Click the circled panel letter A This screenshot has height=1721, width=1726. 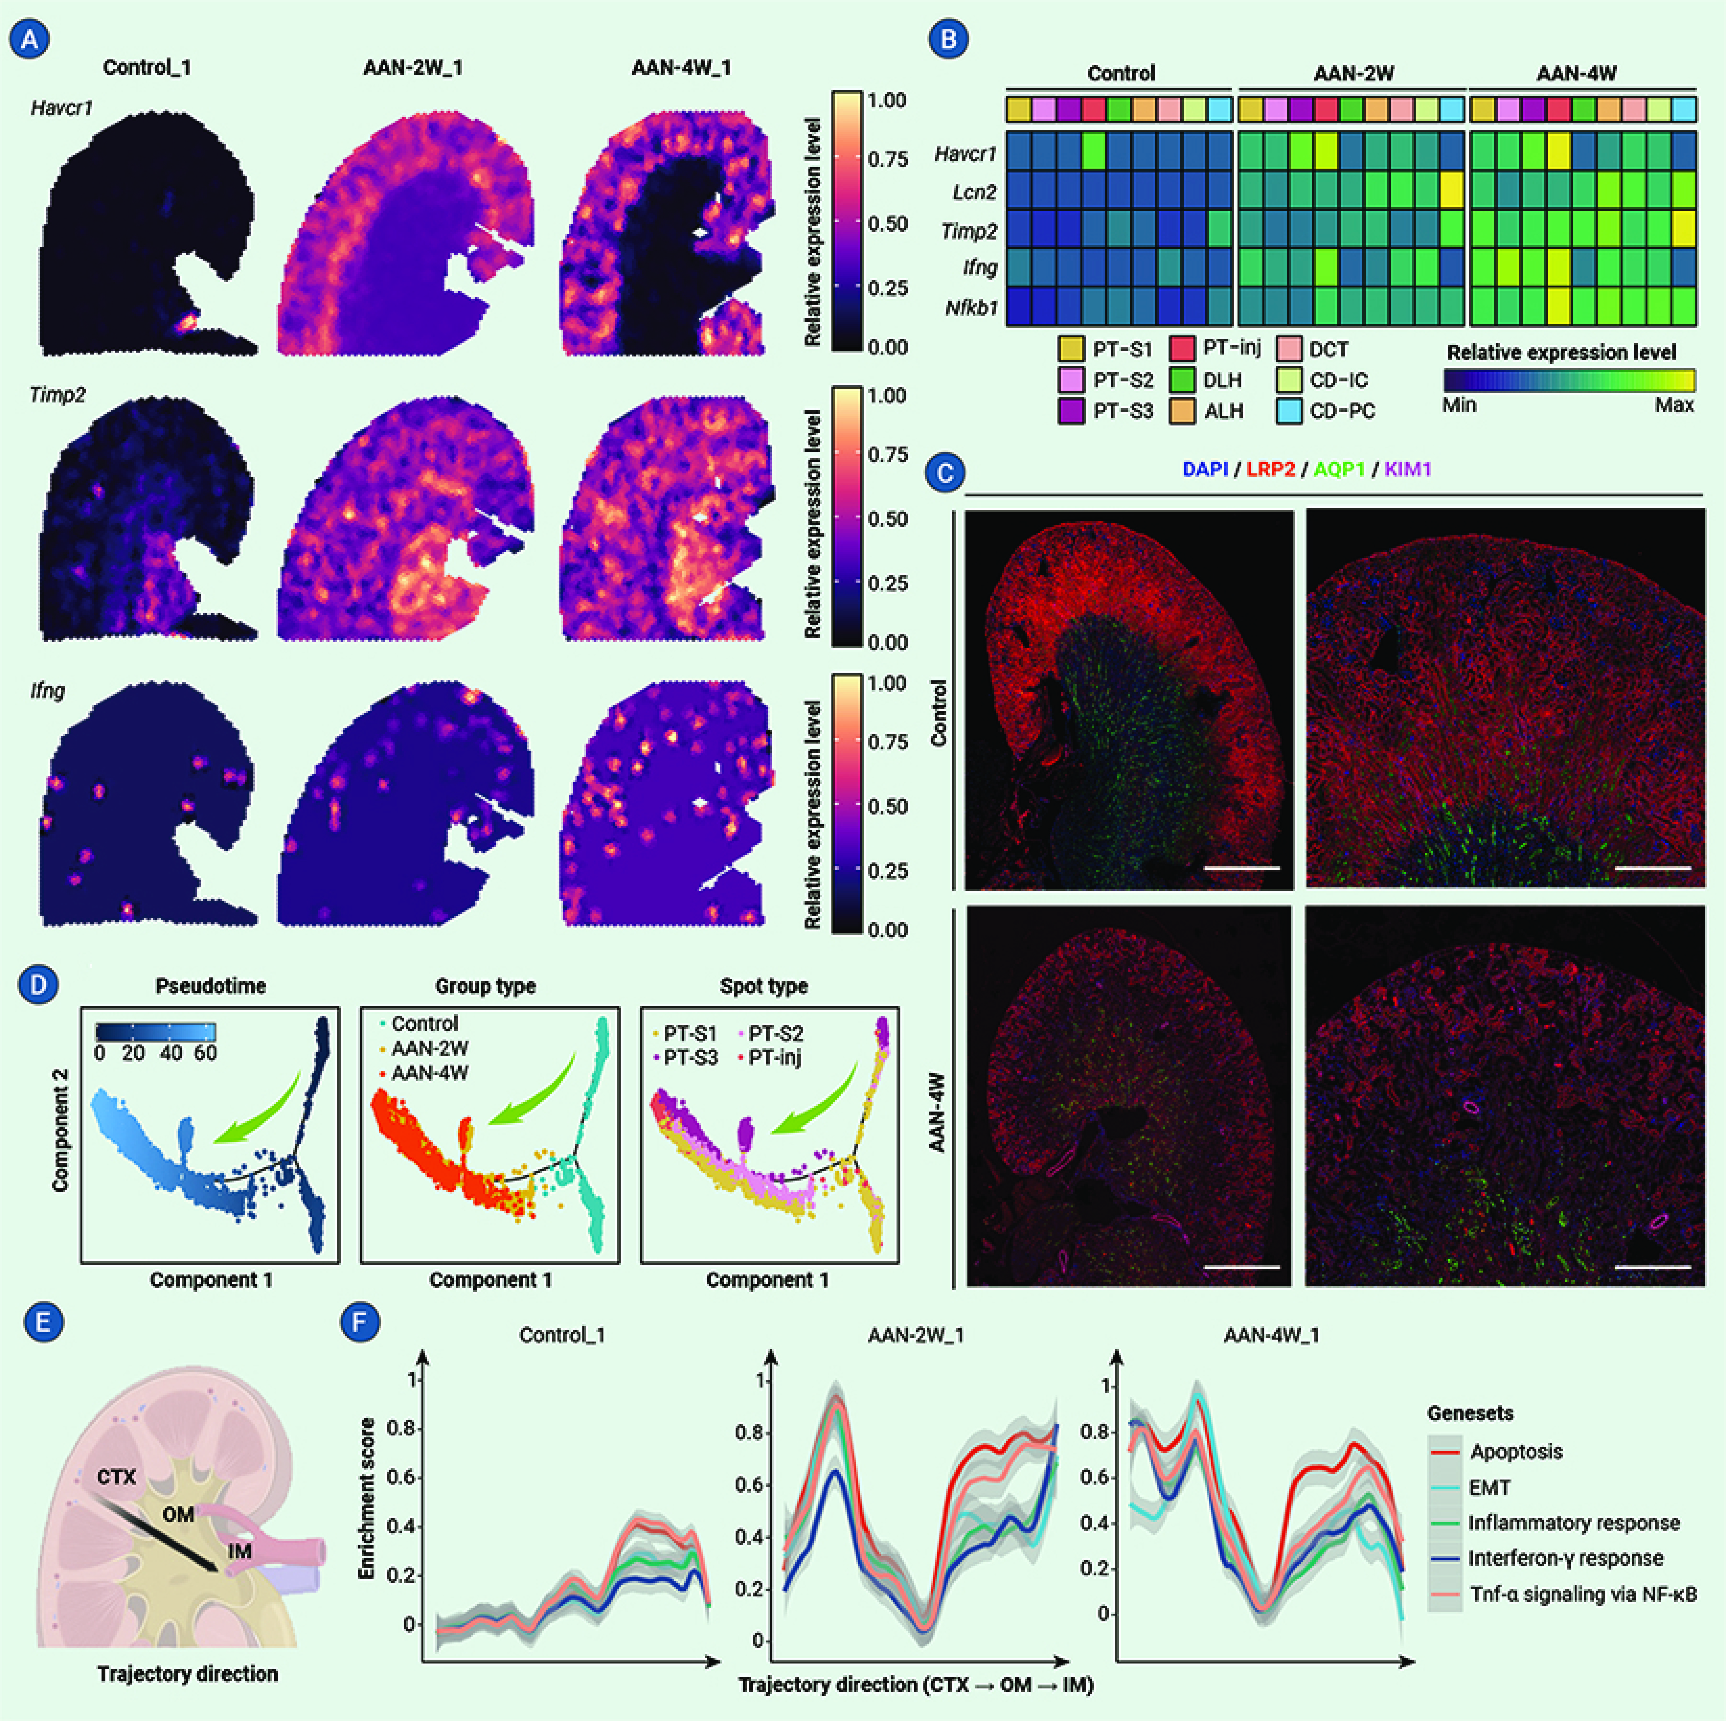coord(30,39)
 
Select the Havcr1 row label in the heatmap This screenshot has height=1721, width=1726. coord(965,154)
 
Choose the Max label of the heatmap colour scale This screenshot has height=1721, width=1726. coord(1673,405)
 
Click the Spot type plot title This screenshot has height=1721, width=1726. coord(764,987)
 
